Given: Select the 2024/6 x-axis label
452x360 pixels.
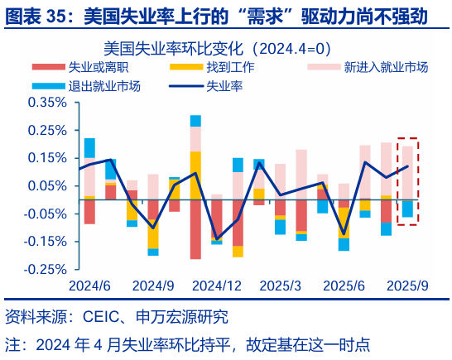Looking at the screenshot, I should (x=90, y=285).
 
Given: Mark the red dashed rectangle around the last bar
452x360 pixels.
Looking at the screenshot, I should (x=407, y=180).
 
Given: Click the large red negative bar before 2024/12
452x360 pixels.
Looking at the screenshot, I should (x=195, y=228).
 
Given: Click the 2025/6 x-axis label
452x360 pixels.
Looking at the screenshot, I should (x=344, y=285).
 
